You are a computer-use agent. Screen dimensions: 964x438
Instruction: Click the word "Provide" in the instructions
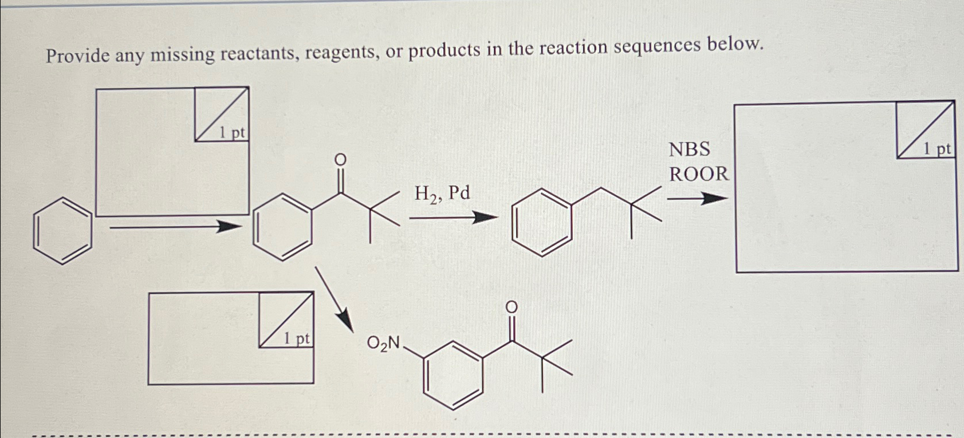[x=78, y=56]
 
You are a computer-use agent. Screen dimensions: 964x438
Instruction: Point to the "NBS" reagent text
[x=690, y=149]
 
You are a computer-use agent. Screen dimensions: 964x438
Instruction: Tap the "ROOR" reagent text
[x=699, y=174]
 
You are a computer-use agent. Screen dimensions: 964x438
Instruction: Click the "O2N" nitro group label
[x=384, y=343]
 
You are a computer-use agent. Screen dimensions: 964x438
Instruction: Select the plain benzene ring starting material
[x=62, y=231]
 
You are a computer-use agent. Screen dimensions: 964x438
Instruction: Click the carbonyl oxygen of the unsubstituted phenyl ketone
[x=340, y=160]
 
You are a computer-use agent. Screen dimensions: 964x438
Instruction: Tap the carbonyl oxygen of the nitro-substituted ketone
[x=511, y=308]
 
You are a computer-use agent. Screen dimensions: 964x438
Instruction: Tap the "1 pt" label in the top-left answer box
[x=232, y=133]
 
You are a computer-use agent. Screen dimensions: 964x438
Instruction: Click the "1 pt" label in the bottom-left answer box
[x=297, y=339]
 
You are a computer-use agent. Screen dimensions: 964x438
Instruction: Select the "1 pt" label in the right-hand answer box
[x=937, y=150]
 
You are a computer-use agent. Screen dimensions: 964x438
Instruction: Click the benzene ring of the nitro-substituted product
[x=453, y=376]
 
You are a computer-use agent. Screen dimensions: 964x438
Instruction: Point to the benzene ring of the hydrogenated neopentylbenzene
[x=542, y=223]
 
